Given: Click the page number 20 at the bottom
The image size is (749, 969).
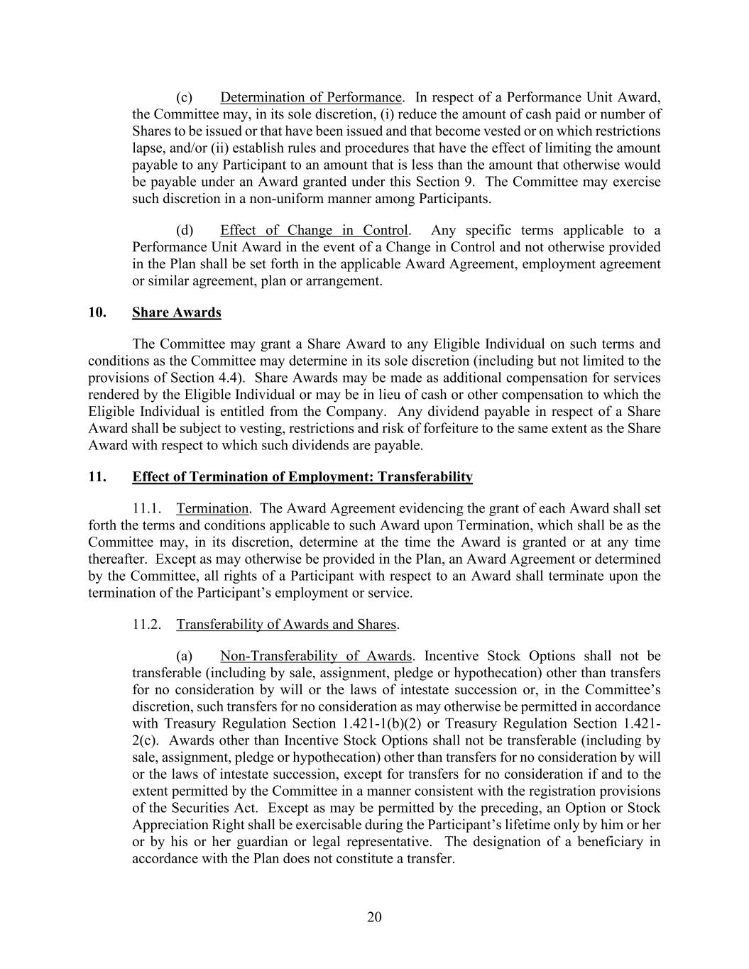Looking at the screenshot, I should [x=374, y=917].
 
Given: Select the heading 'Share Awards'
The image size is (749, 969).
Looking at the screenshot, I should [x=176, y=312].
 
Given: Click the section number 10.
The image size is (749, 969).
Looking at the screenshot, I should [x=97, y=312].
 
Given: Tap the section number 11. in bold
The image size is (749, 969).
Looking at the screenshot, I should [x=97, y=477].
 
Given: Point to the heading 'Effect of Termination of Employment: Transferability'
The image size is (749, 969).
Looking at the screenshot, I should [x=302, y=477].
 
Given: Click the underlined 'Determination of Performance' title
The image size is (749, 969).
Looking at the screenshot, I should [x=311, y=97].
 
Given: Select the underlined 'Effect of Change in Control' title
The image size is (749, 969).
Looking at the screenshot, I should [x=314, y=230].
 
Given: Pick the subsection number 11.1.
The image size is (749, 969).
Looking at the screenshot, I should [x=147, y=508].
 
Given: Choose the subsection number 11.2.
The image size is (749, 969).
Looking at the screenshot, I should [x=147, y=625].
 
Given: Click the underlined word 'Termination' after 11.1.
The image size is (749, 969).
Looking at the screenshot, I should [x=212, y=508].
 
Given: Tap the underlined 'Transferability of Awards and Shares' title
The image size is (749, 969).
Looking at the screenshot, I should [x=286, y=625].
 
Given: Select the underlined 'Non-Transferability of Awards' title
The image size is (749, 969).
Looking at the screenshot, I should [x=316, y=656].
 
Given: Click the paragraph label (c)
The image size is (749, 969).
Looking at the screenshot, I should [x=184, y=97].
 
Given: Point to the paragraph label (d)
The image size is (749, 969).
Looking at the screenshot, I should [x=184, y=230].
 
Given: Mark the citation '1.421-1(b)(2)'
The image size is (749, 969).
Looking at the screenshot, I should [x=379, y=723].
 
